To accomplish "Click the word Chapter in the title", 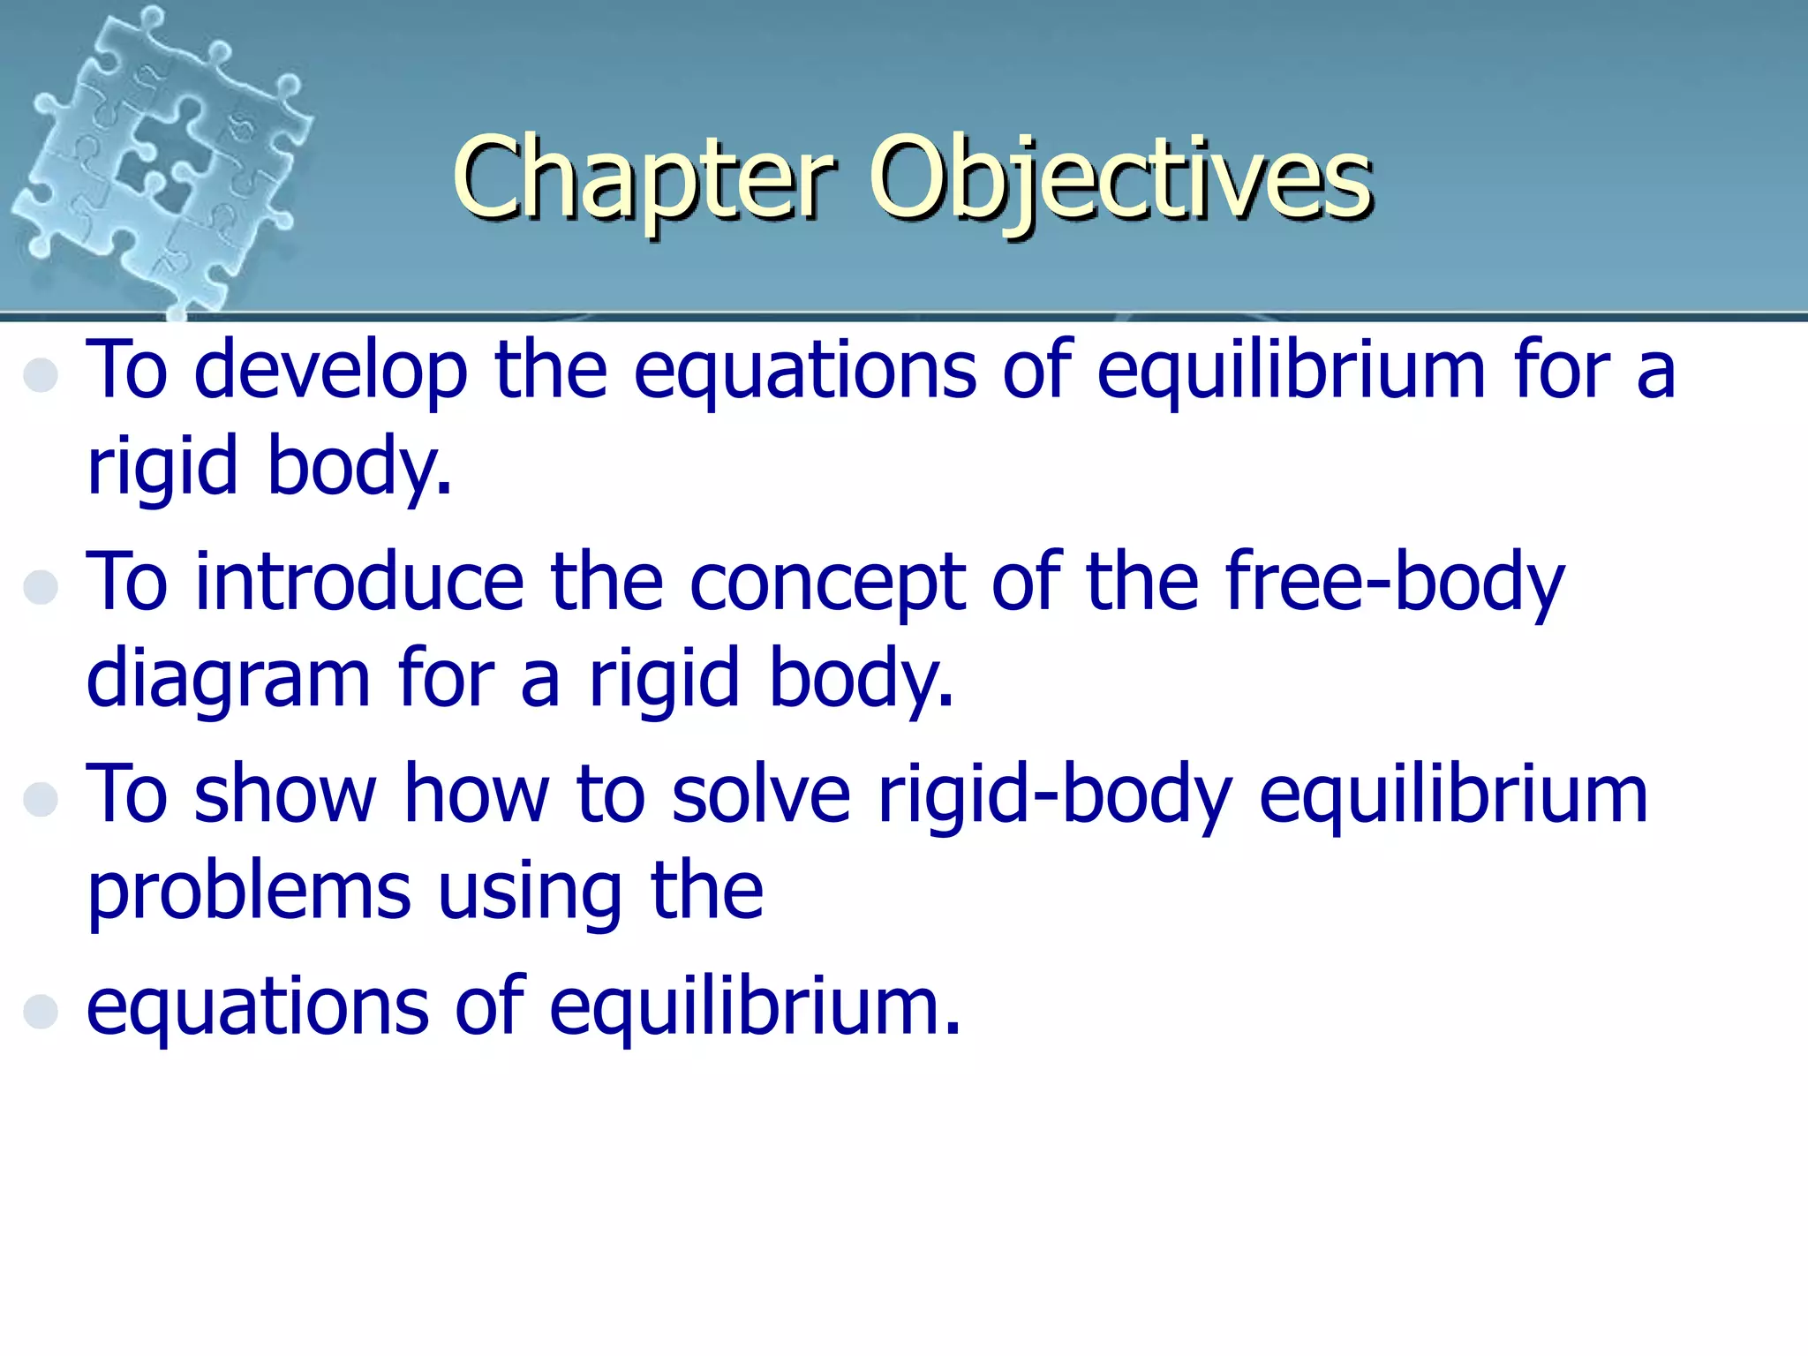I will pos(643,178).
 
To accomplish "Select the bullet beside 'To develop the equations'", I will pos(41,374).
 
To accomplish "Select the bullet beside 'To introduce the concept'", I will pos(41,586).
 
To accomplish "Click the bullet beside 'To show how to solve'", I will pos(41,799).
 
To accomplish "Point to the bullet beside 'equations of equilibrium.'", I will pos(41,1011).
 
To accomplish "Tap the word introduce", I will pos(358,583).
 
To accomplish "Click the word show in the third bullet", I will pos(284,795).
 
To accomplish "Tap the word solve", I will pos(760,795).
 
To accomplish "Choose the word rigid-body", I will pos(1054,795).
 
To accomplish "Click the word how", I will pos(477,795).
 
